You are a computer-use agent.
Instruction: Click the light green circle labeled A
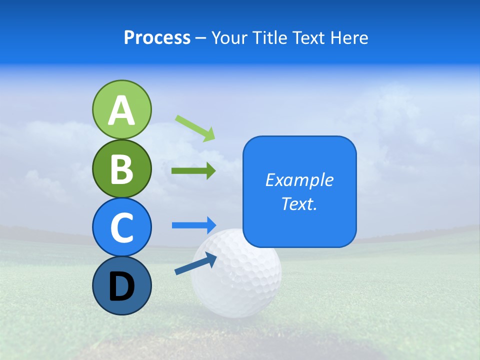pyautogui.click(x=121, y=109)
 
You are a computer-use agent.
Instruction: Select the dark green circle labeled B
pyautogui.click(x=121, y=168)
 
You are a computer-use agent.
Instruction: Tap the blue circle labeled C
pyautogui.click(x=121, y=227)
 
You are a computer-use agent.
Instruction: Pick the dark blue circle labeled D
pyautogui.click(x=121, y=285)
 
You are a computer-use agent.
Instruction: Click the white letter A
pyautogui.click(x=121, y=110)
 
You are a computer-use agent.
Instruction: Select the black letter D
pyautogui.click(x=121, y=287)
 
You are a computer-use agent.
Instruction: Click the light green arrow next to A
pyautogui.click(x=195, y=128)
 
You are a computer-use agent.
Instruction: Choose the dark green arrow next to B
pyautogui.click(x=193, y=171)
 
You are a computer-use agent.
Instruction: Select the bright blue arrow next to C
pyautogui.click(x=193, y=225)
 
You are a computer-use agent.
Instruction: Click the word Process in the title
pyautogui.click(x=157, y=37)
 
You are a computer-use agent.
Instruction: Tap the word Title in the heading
pyautogui.click(x=269, y=37)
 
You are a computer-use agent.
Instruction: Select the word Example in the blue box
pyautogui.click(x=299, y=180)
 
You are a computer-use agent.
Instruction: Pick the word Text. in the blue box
pyautogui.click(x=299, y=203)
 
